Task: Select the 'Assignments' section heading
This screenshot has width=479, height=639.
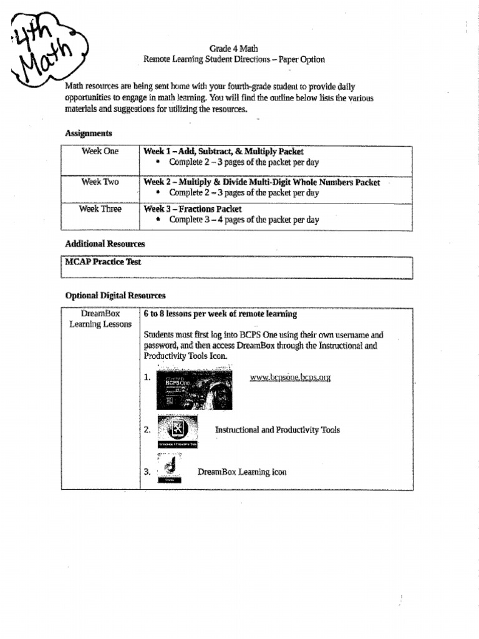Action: (x=89, y=134)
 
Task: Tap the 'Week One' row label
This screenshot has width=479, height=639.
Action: (x=100, y=152)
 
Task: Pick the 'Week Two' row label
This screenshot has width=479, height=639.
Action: (x=100, y=182)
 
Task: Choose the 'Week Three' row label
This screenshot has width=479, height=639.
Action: (x=100, y=210)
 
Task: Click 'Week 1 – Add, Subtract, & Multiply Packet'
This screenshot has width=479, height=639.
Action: (x=223, y=152)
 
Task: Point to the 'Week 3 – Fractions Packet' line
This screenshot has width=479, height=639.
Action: (x=193, y=210)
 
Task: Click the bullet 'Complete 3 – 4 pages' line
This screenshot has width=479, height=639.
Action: (x=244, y=220)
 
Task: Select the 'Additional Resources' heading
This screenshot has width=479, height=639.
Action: (x=105, y=244)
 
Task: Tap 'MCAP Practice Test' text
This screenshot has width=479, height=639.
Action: (x=103, y=262)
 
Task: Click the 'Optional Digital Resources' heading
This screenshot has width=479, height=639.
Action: (x=115, y=296)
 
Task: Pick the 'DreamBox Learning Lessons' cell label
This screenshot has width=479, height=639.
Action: (x=100, y=319)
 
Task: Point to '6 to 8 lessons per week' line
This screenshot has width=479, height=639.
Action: (x=220, y=314)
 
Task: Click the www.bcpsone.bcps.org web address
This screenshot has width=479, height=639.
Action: (x=289, y=378)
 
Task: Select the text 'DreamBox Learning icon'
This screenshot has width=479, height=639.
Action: (x=242, y=472)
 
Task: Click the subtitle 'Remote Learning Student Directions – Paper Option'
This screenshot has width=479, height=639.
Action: (x=234, y=60)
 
